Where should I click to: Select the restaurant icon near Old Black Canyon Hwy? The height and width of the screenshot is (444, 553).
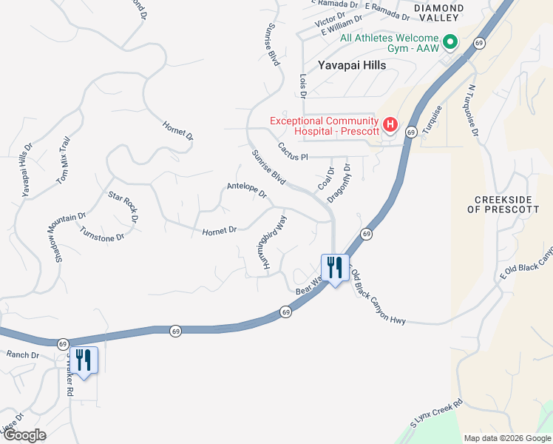335,268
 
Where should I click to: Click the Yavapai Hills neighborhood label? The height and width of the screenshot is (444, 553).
352,65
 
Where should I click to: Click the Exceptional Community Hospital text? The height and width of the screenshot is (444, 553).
325,125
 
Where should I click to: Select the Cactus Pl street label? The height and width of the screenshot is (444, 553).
292,151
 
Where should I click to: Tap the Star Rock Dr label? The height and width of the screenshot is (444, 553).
123,206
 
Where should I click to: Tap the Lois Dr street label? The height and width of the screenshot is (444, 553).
302,85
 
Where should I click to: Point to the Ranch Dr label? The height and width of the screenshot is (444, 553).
22,355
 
